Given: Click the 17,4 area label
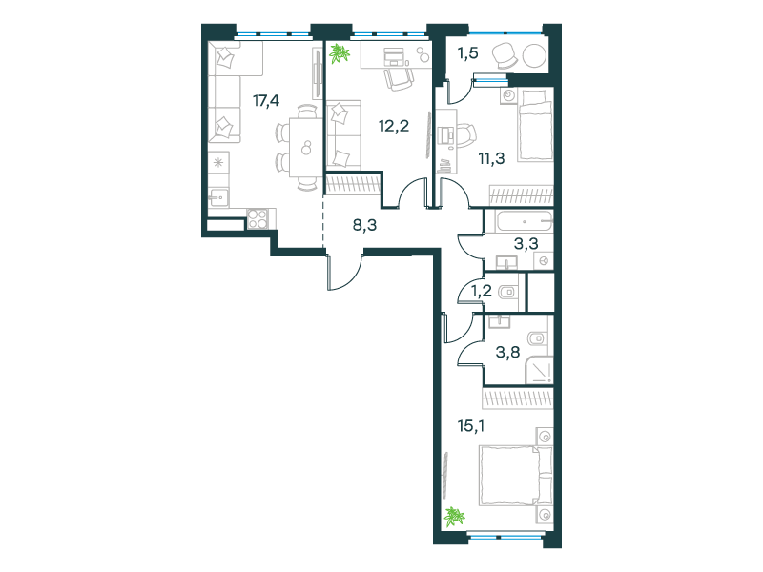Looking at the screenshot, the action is click(x=266, y=101).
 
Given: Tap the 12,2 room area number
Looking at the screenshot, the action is click(x=394, y=127).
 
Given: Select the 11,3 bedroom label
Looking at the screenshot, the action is click(x=491, y=158).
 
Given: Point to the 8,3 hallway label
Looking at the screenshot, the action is click(x=364, y=225).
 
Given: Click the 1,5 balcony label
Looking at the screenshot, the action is click(x=467, y=53).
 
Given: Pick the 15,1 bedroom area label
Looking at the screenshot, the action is click(x=470, y=426).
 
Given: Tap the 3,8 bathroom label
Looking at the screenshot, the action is click(x=507, y=351).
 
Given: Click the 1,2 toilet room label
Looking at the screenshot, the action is click(x=481, y=291).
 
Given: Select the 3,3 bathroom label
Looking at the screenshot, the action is click(x=526, y=243).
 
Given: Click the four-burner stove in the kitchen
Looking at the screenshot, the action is click(x=257, y=218).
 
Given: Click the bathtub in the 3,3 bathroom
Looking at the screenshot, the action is click(x=524, y=221).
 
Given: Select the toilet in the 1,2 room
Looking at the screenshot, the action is click(x=508, y=293).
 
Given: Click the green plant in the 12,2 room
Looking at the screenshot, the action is click(x=339, y=53).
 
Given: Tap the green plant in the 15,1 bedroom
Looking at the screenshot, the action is click(x=454, y=517).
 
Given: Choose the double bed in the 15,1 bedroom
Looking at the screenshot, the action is click(x=516, y=476).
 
